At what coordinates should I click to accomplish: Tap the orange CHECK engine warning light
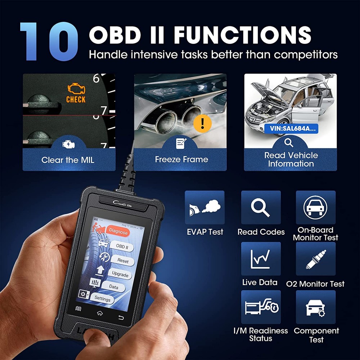pyautogui.click(x=76, y=94)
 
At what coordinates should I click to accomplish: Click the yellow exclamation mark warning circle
pyautogui.click(x=202, y=123)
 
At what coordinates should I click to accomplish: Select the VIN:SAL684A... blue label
pyautogui.click(x=291, y=128)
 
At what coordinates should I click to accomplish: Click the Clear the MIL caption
pyautogui.click(x=68, y=160)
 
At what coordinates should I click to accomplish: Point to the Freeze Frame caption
pyautogui.click(x=181, y=159)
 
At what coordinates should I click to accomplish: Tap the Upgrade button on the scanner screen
pyautogui.click(x=120, y=274)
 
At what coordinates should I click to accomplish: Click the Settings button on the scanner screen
pyautogui.click(x=102, y=298)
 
